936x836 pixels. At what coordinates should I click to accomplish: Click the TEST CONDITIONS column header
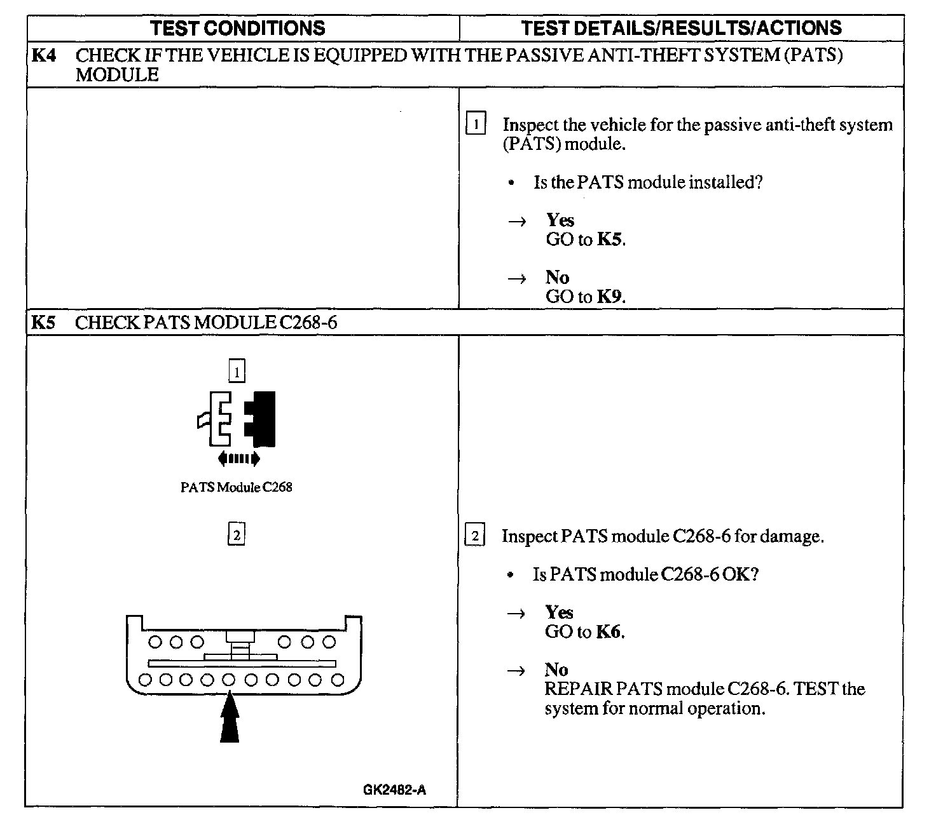(237, 28)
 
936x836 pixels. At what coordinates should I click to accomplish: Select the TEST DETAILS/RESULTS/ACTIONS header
(681, 28)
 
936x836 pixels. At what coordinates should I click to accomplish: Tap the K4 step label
(43, 55)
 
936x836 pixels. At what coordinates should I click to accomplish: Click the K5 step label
(43, 323)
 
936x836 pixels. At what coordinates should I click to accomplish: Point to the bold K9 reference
(609, 297)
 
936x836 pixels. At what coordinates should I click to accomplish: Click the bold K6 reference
(609, 632)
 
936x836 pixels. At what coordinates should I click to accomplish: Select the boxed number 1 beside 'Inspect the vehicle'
(476, 123)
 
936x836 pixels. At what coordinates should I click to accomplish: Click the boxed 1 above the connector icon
(237, 371)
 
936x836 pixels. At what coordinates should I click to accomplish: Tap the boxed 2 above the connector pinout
(237, 534)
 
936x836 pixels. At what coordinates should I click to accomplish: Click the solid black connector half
(261, 419)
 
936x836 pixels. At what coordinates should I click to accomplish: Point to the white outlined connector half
(216, 419)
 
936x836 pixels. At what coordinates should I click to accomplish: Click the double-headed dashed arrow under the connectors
(238, 458)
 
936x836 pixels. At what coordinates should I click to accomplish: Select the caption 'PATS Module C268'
(237, 487)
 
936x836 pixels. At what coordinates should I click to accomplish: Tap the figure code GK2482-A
(394, 790)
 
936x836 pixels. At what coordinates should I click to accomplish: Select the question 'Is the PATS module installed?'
(648, 182)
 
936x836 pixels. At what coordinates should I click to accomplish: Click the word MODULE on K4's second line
(117, 75)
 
